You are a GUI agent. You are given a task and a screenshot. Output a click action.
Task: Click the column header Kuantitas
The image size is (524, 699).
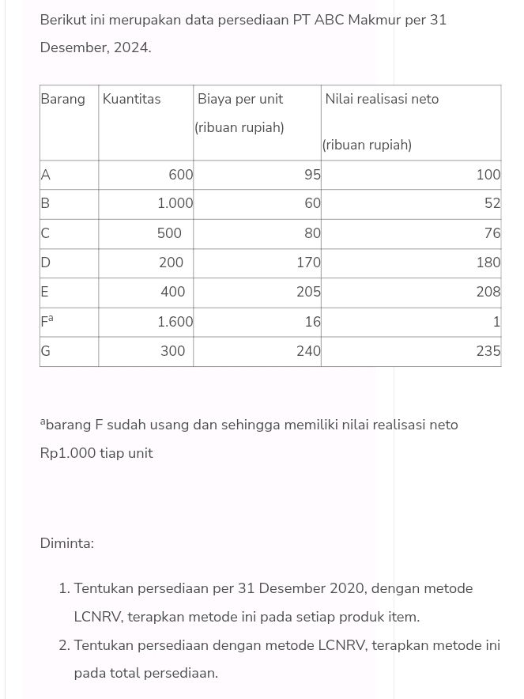tap(131, 100)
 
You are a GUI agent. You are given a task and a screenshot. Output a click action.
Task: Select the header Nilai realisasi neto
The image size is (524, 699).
tap(381, 100)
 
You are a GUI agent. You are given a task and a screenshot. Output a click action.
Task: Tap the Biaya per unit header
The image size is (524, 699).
tap(240, 100)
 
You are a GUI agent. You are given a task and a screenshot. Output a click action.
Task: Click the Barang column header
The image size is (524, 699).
tap(62, 100)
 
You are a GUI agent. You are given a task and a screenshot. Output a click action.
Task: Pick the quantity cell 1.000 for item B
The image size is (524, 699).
tap(175, 204)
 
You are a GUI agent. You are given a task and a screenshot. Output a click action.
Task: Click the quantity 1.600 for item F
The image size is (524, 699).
tap(175, 322)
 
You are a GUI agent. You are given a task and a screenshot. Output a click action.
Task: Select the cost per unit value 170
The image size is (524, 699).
tap(308, 263)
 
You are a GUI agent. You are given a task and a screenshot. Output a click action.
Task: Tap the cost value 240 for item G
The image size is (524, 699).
tap(308, 352)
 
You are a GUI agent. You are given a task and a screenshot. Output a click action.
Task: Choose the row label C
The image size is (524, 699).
tap(45, 233)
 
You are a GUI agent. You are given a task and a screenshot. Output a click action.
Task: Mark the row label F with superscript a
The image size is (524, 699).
tap(47, 322)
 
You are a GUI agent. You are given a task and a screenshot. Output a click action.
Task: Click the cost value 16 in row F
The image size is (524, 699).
tap(313, 322)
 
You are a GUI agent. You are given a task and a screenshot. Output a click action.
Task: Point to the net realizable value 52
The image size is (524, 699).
tap(492, 204)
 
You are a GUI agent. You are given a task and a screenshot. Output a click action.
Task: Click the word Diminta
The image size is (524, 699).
tap(66, 544)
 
